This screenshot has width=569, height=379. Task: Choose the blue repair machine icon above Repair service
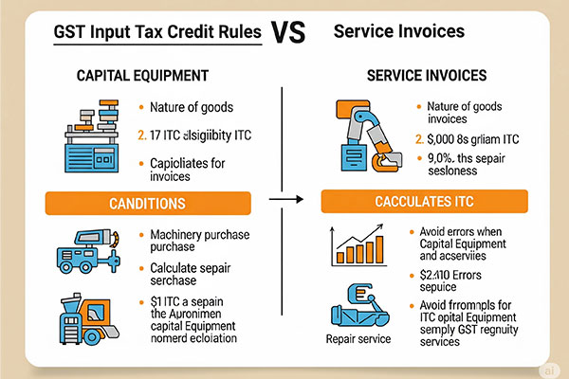click(x=358, y=304)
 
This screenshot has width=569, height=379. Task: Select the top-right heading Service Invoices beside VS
click(x=399, y=31)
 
